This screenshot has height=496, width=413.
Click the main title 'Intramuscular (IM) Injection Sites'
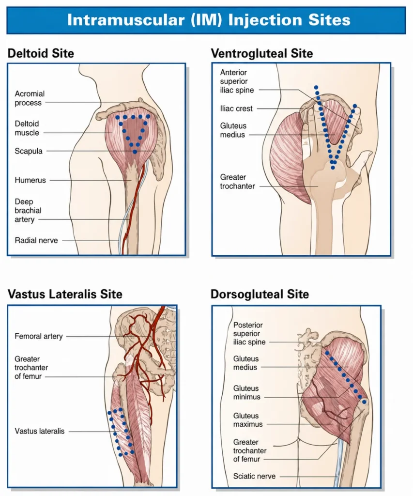pyautogui.click(x=209, y=20)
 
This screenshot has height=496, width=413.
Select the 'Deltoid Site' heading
pyautogui.click(x=41, y=53)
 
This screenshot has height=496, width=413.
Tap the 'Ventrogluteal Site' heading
pyautogui.click(x=262, y=53)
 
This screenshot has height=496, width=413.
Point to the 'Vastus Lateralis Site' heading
pyautogui.click(x=65, y=294)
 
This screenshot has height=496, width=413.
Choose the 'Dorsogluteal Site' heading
pyautogui.click(x=260, y=294)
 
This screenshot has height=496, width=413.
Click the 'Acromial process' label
pyautogui.click(x=30, y=98)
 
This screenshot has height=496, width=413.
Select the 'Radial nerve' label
pyautogui.click(x=36, y=240)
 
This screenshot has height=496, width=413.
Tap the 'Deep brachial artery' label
pyautogui.click(x=28, y=211)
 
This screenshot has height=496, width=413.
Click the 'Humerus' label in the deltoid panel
pyautogui.click(x=31, y=180)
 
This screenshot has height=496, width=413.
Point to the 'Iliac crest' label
pyautogui.click(x=236, y=108)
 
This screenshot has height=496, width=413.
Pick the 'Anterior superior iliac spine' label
pyautogui.click(x=237, y=81)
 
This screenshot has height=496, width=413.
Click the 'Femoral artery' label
pyautogui.click(x=39, y=336)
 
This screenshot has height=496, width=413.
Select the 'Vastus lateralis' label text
pyautogui.click(x=40, y=431)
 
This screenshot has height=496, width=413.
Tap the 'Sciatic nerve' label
pyautogui.click(x=254, y=476)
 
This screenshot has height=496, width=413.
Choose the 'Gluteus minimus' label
pyautogui.click(x=247, y=392)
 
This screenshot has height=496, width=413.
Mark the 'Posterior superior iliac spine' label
pyautogui.click(x=249, y=333)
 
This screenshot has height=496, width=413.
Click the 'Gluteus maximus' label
pyautogui.click(x=248, y=420)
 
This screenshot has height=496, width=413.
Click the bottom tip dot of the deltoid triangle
pyautogui.click(x=135, y=152)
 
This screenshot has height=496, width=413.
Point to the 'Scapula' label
pyautogui.click(x=29, y=151)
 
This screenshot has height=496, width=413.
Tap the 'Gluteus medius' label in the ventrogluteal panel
pyautogui.click(x=233, y=130)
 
